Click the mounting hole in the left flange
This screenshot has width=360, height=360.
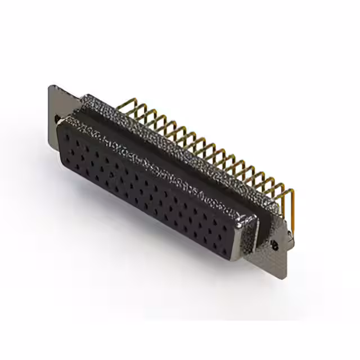(x=57, y=119)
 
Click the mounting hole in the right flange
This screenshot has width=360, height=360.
(x=275, y=245)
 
